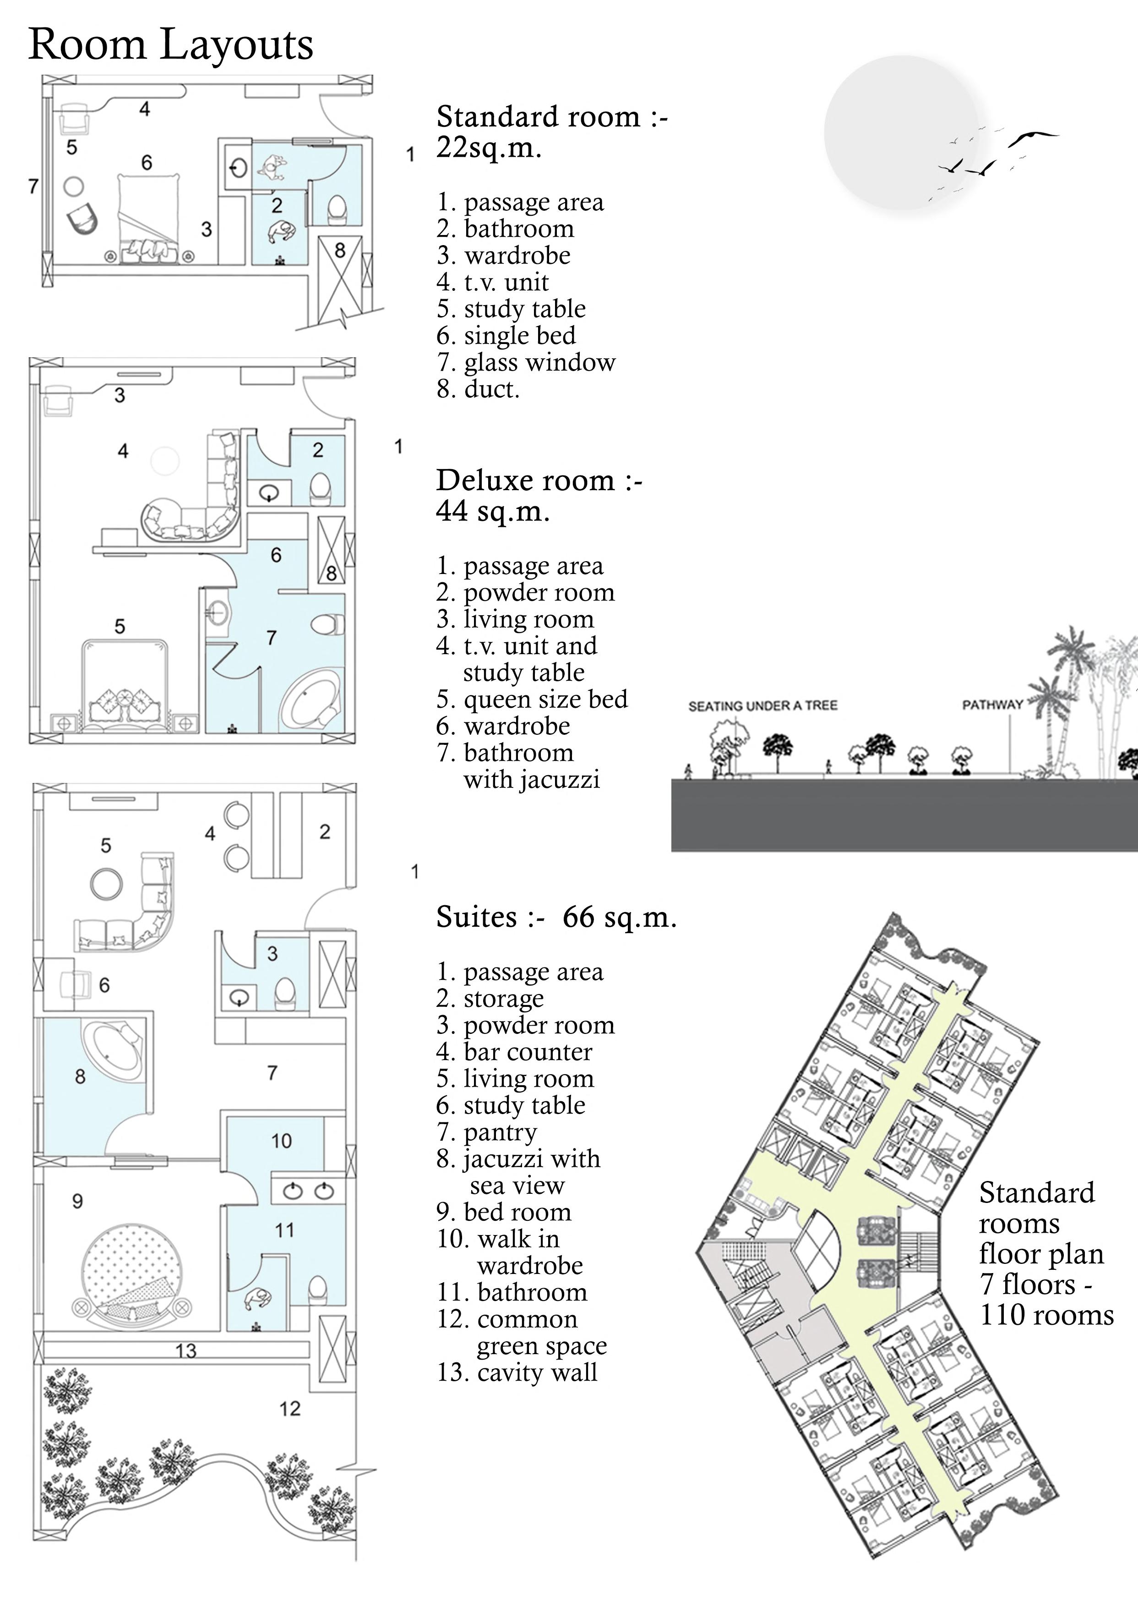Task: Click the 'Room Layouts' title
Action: [170, 45]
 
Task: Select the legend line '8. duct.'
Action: [478, 389]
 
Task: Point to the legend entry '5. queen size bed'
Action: [532, 700]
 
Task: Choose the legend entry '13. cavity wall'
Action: [517, 1372]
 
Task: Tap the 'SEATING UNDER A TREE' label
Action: [762, 706]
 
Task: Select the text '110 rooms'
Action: [1046, 1316]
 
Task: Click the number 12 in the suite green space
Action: [289, 1409]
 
